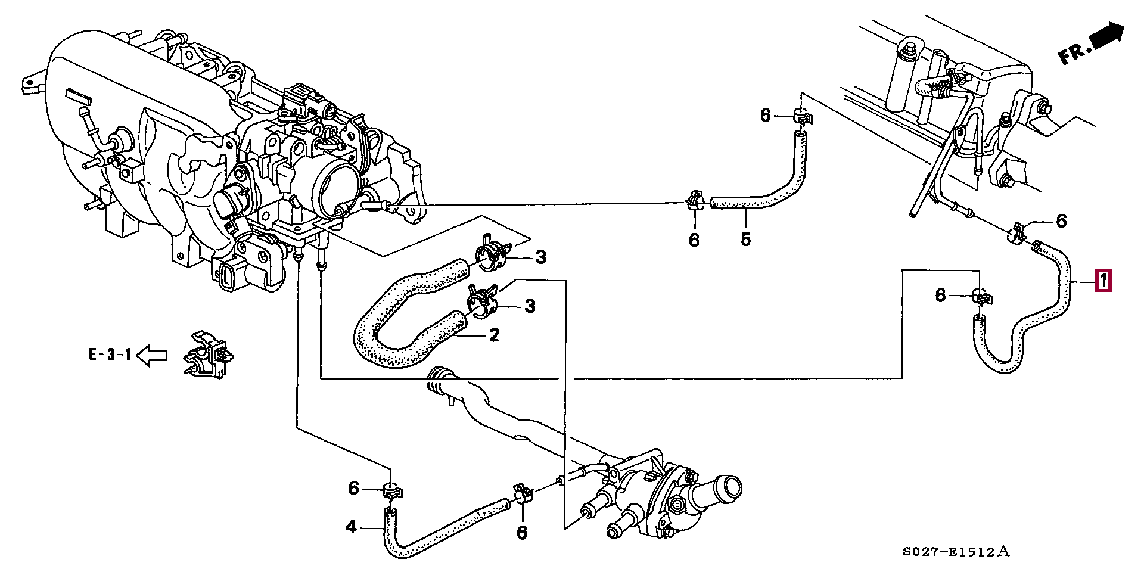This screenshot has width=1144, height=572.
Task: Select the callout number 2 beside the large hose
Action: coord(493,335)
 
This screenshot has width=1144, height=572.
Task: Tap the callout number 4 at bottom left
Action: coord(351,527)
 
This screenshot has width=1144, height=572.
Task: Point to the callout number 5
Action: coord(745,239)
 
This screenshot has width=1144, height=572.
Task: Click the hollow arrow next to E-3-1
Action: coord(152,356)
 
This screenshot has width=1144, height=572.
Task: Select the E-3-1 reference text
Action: coord(110,355)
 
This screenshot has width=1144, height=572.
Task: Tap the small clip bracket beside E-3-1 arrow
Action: coord(209,355)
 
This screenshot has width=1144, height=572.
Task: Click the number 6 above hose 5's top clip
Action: coord(766,115)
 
